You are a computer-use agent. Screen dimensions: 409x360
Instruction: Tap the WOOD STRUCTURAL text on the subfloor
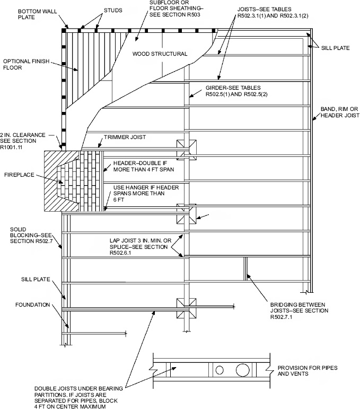160,54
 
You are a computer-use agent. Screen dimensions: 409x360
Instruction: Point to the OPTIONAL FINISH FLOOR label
27,64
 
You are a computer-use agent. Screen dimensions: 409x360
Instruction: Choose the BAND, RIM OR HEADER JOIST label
339,113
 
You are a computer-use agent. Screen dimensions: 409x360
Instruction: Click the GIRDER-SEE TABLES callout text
233,91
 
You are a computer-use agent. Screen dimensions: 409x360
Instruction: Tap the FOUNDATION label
32,305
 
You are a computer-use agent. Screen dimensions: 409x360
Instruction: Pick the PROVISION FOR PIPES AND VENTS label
308,371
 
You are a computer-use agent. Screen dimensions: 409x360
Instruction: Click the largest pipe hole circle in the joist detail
242,369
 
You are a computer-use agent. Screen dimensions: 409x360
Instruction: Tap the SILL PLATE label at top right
335,48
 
